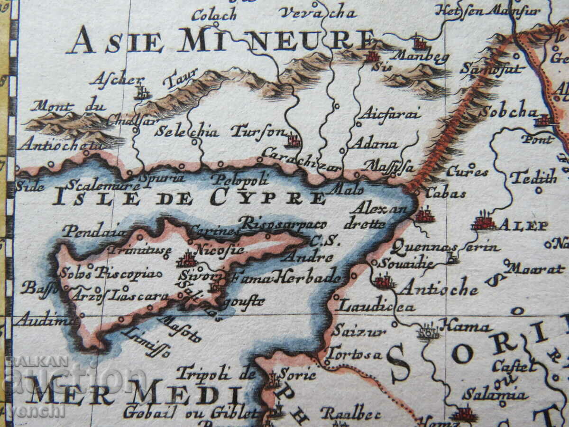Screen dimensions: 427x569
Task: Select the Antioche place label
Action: (438, 288)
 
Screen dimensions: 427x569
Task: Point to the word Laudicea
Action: (376, 306)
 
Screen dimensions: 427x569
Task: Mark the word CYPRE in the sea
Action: (268, 197)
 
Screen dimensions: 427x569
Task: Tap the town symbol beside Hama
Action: (428, 331)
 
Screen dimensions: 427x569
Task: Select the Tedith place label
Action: (533, 178)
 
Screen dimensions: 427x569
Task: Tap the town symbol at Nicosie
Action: (187, 260)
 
